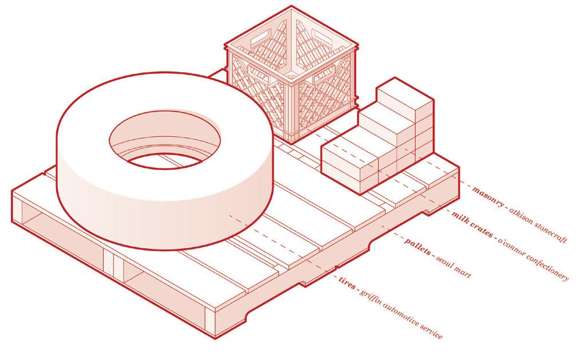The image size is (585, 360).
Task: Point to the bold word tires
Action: coord(346,283)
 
